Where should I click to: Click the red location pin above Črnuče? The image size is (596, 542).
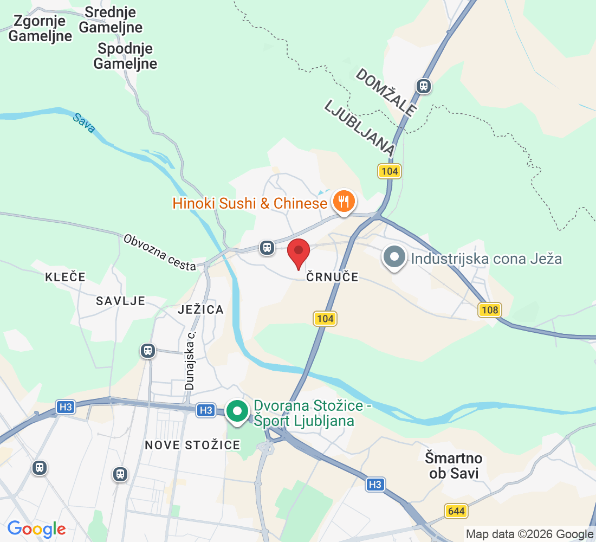[x=298, y=252]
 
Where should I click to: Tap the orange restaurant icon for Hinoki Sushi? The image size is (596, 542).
[x=343, y=202]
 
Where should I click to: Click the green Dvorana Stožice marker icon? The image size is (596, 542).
[x=237, y=411]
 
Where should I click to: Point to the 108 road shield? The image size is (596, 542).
[x=489, y=310]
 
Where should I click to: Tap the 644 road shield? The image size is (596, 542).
[x=456, y=511]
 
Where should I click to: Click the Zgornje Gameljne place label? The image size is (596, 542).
[x=40, y=29]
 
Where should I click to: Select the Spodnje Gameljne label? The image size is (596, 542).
[x=125, y=56]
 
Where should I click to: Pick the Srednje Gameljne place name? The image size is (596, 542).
[x=111, y=19]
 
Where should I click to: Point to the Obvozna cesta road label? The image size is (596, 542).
[x=159, y=253]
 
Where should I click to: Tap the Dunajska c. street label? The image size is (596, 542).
[x=190, y=360]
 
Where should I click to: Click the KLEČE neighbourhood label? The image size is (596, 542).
[x=65, y=277]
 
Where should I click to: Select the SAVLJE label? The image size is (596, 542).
[x=120, y=301]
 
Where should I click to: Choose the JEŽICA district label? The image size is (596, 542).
[x=200, y=309]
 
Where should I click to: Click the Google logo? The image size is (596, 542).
[x=36, y=528]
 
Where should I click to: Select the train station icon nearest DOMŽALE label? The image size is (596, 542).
[x=423, y=86]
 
